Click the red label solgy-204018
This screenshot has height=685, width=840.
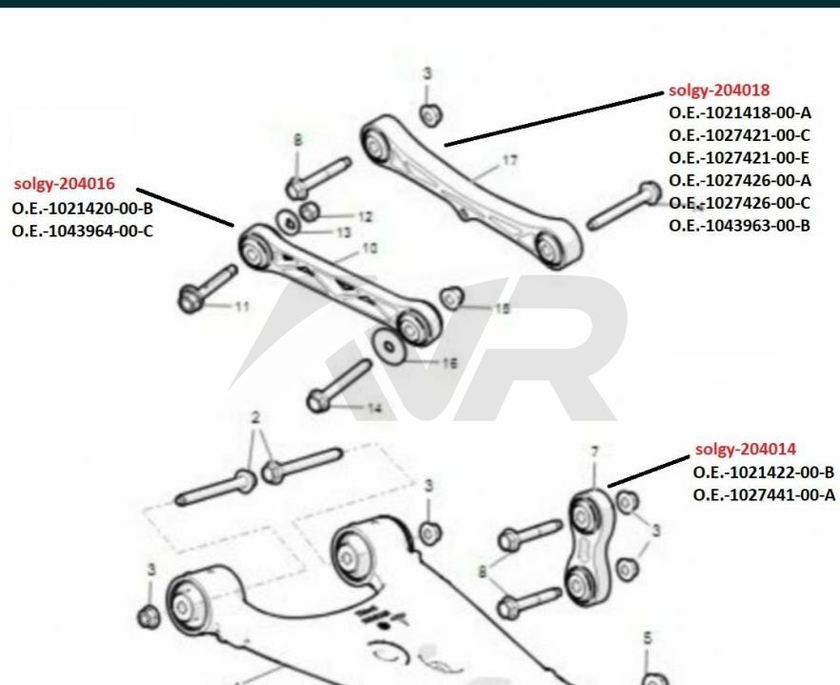pos(719,91)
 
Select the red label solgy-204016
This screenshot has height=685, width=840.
pos(65,184)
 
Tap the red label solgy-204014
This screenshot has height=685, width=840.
pos(745,449)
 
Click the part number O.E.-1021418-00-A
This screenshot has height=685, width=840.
pos(740,113)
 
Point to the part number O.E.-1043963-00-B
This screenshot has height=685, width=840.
pos(739,226)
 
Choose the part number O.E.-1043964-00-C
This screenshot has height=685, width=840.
pos(83,231)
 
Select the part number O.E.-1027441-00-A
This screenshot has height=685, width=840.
pos(764,494)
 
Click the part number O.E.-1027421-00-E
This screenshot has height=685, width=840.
pos(739,158)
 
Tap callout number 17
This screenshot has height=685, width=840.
pos(510,160)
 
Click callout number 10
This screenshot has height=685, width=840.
pos(370,248)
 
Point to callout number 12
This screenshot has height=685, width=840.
pos(365,217)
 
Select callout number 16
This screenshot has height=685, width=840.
pos(450,363)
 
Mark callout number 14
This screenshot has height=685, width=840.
pos(374,409)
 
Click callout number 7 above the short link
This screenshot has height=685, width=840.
pos(594,453)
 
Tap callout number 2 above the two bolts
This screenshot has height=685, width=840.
pos(255,417)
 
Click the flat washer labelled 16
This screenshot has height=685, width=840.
pos(390,346)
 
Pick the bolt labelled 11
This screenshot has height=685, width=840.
pos(207,290)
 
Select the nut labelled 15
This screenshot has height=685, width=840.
pos(451,298)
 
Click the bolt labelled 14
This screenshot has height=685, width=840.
pos(337,386)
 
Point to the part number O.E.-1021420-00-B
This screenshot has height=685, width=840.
pos(83,208)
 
